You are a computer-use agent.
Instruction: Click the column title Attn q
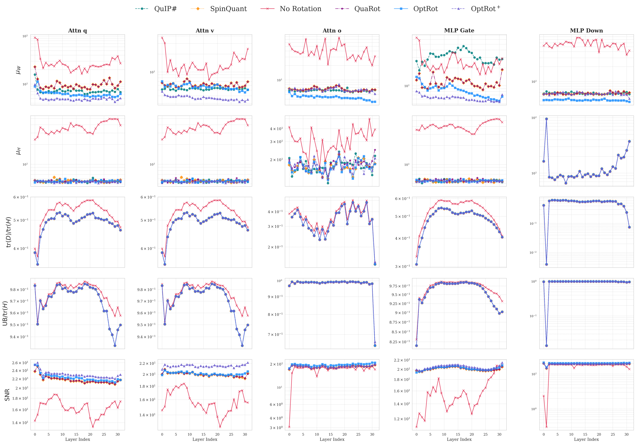click(78, 31)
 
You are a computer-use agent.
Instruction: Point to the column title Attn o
click(332, 31)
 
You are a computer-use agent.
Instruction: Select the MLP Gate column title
click(459, 31)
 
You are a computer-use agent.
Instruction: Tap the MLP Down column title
click(586, 31)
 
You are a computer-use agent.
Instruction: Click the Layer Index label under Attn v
click(205, 439)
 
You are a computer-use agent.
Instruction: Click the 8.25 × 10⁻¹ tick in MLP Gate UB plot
click(399, 342)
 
